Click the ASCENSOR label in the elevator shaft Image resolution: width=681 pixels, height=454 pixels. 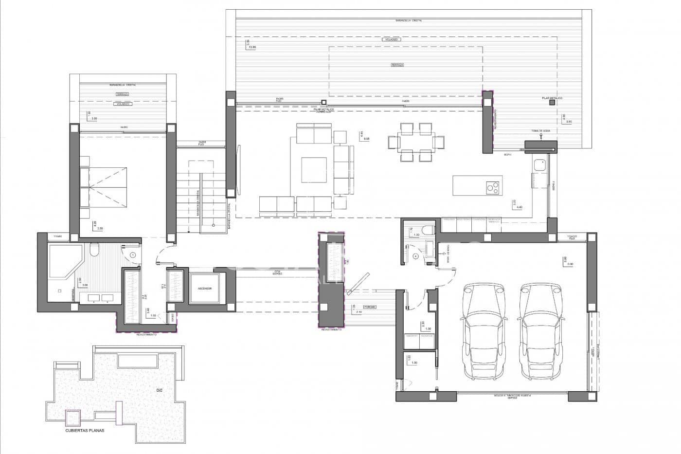point(205,289)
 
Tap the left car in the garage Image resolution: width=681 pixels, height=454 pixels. point(481,332)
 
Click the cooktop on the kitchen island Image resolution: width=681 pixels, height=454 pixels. point(492,186)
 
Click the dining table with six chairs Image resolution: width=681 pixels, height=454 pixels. point(416,142)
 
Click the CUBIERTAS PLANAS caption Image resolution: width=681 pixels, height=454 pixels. point(85,430)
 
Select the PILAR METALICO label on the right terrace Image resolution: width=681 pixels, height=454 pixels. point(552,98)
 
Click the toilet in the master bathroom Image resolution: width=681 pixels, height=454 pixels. point(94,250)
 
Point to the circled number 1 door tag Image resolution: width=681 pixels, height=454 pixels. point(134,254)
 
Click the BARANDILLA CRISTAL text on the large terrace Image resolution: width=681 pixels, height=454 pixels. point(409,20)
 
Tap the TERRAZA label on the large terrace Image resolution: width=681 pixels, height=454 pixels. point(397,64)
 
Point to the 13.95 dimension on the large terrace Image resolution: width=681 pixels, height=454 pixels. point(251,47)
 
